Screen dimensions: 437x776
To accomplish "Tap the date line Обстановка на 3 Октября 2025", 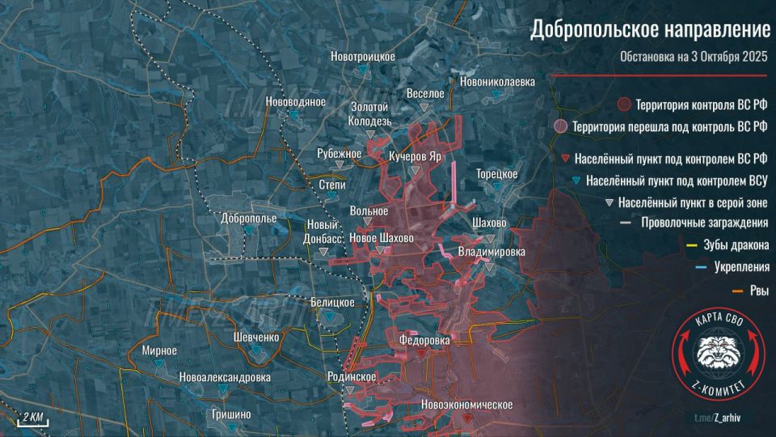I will point(693,57).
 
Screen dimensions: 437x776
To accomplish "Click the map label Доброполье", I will point(248,218).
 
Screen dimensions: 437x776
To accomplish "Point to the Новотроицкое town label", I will point(363,57).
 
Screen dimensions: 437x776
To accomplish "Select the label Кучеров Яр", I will point(415,156).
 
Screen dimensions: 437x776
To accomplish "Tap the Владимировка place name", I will point(491,252).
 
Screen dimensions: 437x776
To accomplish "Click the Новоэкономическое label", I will point(467,405).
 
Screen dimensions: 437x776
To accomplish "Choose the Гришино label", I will point(230,414).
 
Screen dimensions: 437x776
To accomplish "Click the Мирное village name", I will point(159,351).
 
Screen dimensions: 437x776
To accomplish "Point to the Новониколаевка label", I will point(497,82).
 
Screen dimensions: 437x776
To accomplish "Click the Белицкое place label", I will point(332,302).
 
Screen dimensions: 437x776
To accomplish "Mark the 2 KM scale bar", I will point(33,418).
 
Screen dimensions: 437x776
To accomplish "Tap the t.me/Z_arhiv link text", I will point(731,418).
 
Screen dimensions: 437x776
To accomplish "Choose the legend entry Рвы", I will point(757,291).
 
